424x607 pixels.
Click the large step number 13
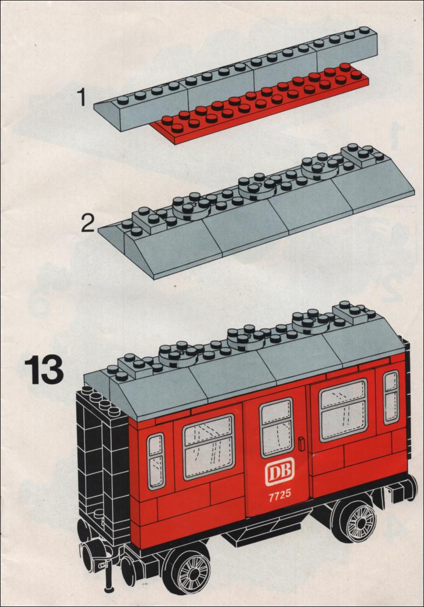point(43,371)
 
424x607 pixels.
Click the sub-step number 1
point(82,97)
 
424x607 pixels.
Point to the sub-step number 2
point(88,223)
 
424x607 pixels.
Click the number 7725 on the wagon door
point(279,496)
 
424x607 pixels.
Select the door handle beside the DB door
point(302,444)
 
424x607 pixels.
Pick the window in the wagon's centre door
point(276,428)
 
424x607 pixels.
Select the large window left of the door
point(208,447)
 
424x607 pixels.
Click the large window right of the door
point(343,410)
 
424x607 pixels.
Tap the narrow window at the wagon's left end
point(156,461)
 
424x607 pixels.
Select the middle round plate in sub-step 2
point(258,187)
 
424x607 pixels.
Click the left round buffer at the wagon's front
point(87,556)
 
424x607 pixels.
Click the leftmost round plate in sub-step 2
point(191,208)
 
